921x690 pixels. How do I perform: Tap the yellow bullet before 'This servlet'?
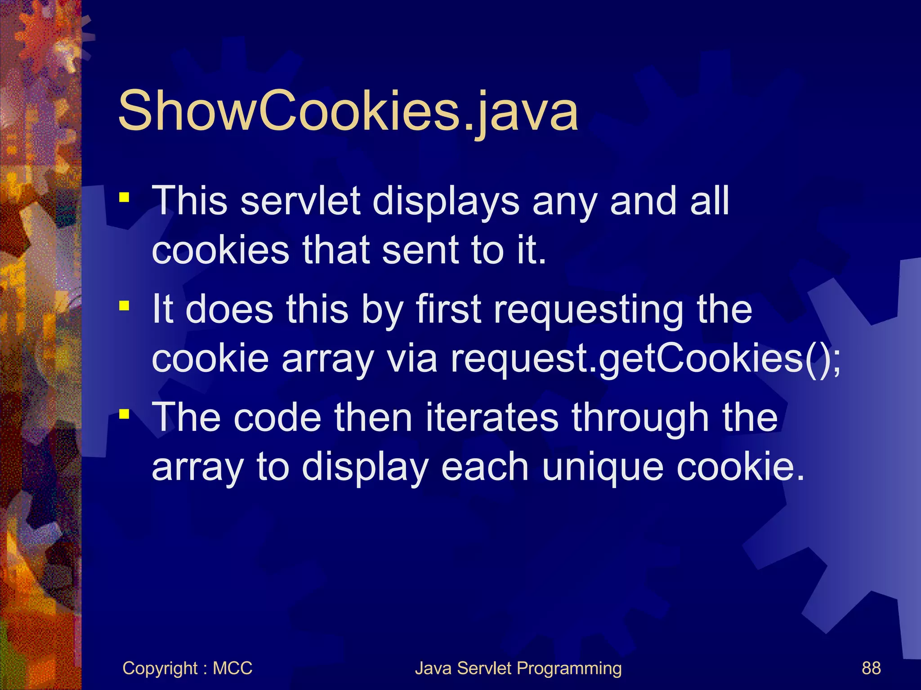[124, 197]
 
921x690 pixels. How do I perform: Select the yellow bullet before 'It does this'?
[124, 306]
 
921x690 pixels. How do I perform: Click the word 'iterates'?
[492, 418]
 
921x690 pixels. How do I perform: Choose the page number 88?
[871, 668]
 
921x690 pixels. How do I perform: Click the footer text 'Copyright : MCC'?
[187, 668]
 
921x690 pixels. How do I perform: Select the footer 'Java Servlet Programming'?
[518, 668]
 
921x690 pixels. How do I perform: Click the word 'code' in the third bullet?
[277, 418]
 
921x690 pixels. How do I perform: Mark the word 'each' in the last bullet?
[485, 467]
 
